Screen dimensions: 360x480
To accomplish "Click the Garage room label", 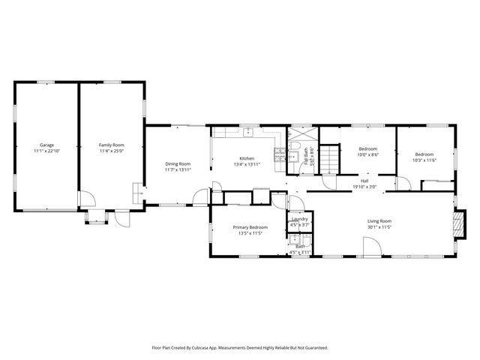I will click(46, 145).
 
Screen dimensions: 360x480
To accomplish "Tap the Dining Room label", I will click(178, 163).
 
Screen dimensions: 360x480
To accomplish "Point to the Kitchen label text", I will click(247, 158).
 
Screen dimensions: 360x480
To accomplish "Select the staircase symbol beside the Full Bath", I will click(330, 159).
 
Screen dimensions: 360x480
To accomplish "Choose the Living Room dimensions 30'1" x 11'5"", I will click(379, 227).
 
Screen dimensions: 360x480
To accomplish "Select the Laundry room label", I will click(299, 220).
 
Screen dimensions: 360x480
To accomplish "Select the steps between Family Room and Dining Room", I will click(137, 192).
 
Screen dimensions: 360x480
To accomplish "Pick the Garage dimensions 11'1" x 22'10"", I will click(46, 151).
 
